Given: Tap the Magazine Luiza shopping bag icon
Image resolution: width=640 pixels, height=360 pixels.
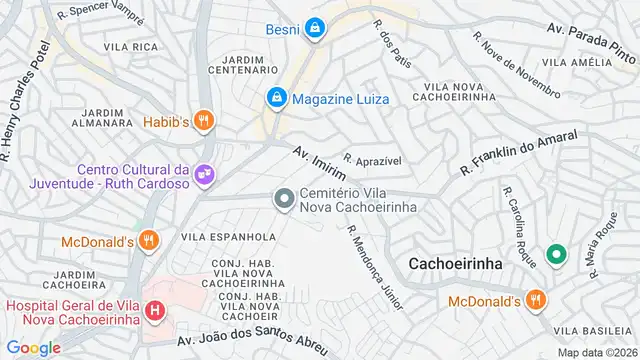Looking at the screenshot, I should (x=276, y=97).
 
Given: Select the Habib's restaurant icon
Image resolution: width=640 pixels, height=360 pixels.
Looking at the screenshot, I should (x=205, y=121).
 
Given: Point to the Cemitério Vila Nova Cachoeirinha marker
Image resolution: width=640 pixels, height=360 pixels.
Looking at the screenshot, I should (x=285, y=199).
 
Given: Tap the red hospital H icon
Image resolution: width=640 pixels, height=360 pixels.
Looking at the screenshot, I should (x=155, y=311).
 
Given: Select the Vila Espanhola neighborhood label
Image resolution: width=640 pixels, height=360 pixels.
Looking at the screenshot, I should (x=228, y=237).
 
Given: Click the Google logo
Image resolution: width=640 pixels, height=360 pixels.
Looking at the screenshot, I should (x=33, y=348).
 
